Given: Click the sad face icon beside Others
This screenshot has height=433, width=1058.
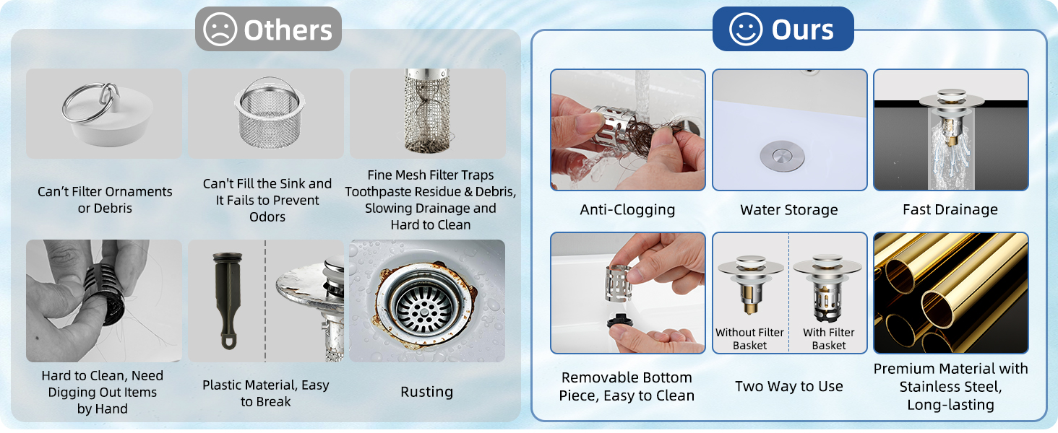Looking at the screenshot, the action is coord(220,30).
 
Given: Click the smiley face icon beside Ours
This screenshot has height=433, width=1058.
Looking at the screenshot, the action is coord(746,30).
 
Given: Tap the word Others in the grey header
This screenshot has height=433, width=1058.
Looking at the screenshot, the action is coord(288,30).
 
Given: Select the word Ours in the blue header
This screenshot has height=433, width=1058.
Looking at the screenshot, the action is coord(802,30).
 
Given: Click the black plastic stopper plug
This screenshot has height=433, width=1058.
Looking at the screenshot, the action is coord(228,300).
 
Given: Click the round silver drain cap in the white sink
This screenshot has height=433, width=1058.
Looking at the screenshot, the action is coord(782,156).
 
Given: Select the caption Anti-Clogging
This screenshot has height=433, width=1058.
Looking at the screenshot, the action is coord(627,209).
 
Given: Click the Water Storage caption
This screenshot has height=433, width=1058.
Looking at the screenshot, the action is coord(788,209).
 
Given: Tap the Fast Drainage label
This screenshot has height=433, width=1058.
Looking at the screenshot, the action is coord(950,209).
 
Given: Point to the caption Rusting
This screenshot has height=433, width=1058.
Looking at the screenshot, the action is coord(427,392).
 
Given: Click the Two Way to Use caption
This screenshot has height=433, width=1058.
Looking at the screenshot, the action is coord(788,386).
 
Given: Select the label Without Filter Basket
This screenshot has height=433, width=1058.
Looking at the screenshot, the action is coord(749,338).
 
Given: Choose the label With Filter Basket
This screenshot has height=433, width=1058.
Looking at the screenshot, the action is coord(829,338).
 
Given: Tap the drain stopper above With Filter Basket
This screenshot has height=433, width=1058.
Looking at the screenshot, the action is coord(827,288).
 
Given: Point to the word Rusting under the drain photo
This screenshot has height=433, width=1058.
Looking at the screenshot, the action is coord(427,392).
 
